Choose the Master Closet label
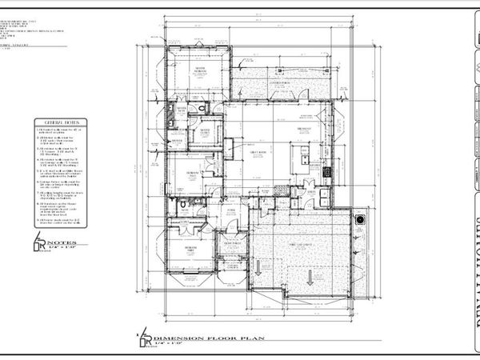tap(206, 131)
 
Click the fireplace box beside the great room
tap(228, 147)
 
